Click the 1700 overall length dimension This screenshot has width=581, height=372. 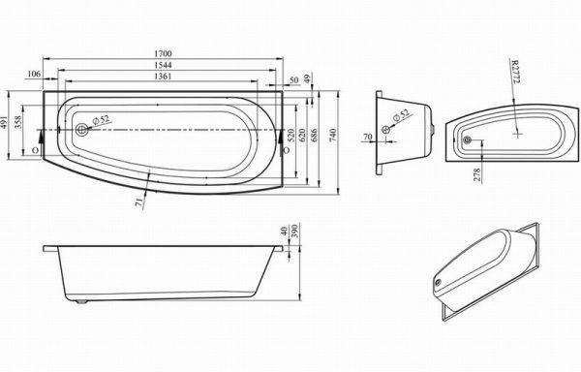(163, 53)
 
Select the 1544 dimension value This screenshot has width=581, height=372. (163, 65)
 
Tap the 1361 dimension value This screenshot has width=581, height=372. (163, 77)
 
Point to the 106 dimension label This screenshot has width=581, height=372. (34, 74)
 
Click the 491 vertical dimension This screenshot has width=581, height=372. (5, 122)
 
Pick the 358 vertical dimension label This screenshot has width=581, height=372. (18, 122)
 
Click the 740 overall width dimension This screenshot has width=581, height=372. (333, 136)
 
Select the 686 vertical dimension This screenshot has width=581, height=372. (314, 136)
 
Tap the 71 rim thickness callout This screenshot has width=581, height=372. (139, 201)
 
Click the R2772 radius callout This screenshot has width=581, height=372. (515, 71)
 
